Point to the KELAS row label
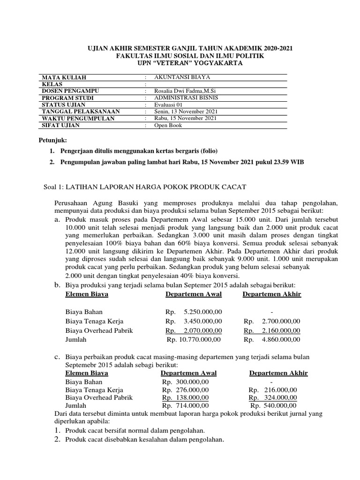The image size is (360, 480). coord(53,84)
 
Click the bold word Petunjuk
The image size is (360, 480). coord(52,140)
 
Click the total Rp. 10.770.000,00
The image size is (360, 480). coord(194,339)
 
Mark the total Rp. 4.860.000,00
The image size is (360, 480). coord(272,339)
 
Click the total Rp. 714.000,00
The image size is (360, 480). coord(186,405)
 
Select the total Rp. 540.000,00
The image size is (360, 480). coord(274,405)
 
